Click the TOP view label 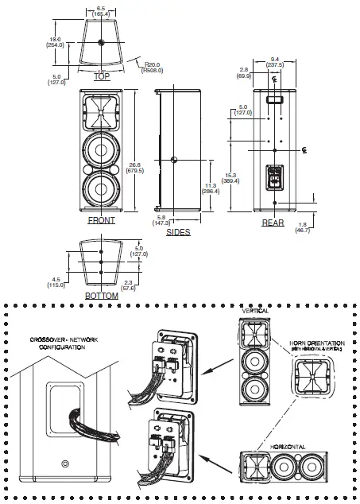(x=102, y=77)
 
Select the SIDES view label (x=177, y=233)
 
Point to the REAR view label (x=273, y=223)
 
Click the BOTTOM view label (x=102, y=296)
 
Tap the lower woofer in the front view (x=102, y=191)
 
